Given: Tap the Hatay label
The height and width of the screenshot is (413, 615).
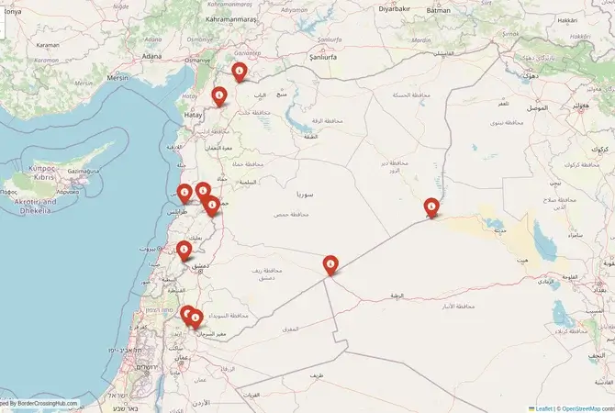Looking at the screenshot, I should pos(193,116).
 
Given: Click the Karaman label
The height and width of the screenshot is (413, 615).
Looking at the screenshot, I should pos(47,44).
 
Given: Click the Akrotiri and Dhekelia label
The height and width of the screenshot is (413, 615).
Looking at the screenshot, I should pos(35,206).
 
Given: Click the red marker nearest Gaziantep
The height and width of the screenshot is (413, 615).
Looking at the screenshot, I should pos(240,72).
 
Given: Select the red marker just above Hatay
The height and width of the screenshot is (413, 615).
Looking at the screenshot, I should pos(219,95).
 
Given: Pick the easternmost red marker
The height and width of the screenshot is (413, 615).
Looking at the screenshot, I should pos(431,208).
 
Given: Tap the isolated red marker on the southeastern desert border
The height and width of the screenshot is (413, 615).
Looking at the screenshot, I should pos(330,265).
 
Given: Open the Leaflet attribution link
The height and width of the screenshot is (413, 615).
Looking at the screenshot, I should pos(542,407).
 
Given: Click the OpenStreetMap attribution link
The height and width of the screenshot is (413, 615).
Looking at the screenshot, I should pos(587,407).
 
